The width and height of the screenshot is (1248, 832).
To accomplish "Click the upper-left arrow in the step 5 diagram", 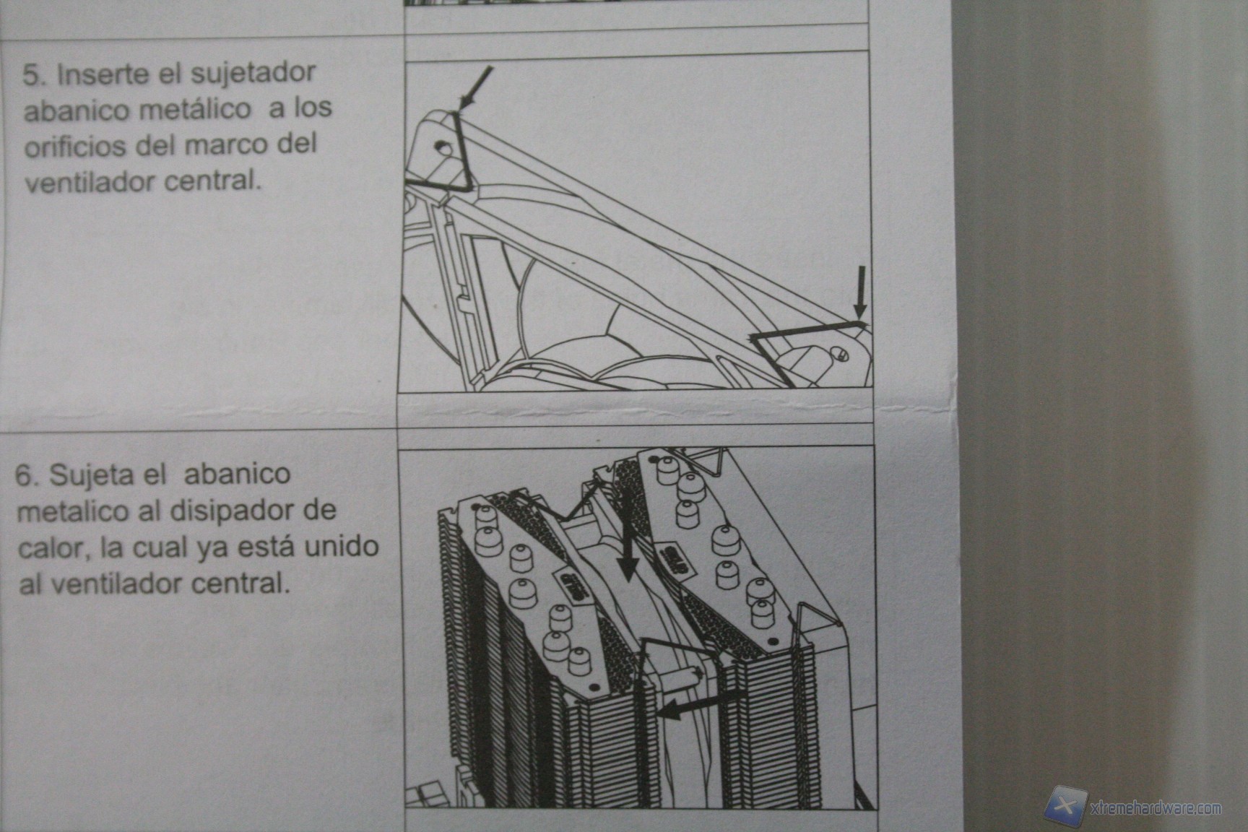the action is (476, 88).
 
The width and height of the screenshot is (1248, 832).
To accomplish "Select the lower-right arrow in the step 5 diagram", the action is (859, 292).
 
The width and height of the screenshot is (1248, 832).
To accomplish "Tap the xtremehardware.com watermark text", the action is (1156, 807).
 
